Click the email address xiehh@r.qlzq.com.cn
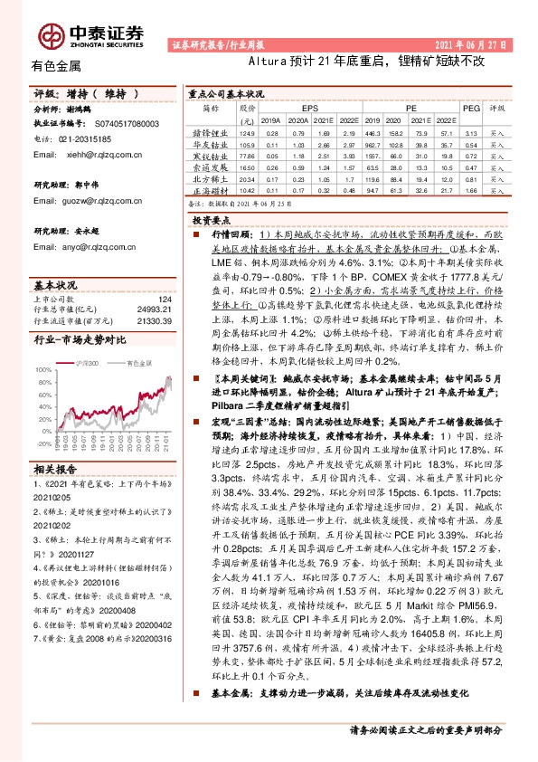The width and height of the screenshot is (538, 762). [x=95, y=156]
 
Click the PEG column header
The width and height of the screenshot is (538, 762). [x=470, y=106]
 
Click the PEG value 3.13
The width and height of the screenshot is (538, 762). [x=470, y=132]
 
